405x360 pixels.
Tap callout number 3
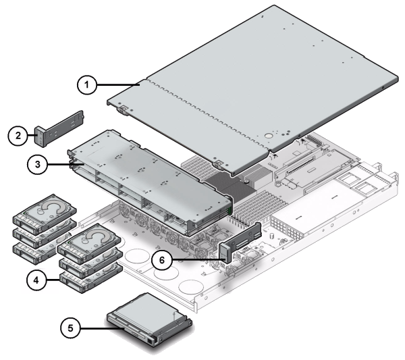(x=38, y=163)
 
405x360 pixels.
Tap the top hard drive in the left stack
(x=41, y=209)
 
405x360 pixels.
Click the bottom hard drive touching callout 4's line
(x=87, y=276)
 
